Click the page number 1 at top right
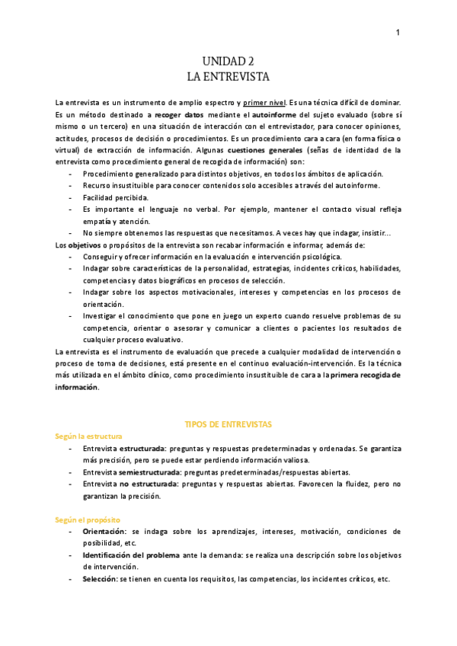click(398, 32)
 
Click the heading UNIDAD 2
click(228, 61)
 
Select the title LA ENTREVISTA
click(228, 76)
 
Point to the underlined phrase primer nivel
click(265, 103)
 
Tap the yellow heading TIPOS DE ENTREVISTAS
click(228, 423)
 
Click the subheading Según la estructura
click(88, 436)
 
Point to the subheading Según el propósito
click(88, 520)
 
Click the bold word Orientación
click(105, 532)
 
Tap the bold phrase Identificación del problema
click(131, 555)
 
